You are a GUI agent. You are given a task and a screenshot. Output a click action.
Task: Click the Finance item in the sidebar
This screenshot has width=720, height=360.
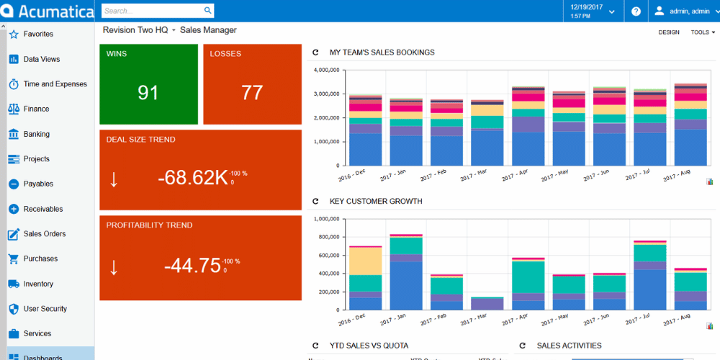[36, 109]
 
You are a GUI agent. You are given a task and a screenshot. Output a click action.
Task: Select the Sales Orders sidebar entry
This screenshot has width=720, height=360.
[44, 234]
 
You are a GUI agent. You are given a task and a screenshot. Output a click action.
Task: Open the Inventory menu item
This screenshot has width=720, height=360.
[37, 284]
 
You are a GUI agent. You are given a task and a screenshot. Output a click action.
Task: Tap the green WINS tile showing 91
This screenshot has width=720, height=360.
[148, 84]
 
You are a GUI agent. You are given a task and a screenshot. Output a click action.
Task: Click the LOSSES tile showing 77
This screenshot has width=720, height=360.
[252, 84]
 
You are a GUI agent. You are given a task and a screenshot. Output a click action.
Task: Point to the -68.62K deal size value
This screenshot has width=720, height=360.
[192, 178]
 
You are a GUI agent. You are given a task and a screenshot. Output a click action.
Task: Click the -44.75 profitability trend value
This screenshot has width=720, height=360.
[192, 265]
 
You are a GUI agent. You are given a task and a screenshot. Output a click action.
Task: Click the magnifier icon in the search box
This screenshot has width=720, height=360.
[208, 11]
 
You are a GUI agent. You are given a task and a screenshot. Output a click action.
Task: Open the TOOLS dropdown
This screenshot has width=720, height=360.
[703, 32]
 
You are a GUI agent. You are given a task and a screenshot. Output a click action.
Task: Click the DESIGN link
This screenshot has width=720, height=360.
[668, 32]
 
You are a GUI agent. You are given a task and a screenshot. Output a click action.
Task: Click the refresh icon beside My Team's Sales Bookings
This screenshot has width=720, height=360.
[315, 53]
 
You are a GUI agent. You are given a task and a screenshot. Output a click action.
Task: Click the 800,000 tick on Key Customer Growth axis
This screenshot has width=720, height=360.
[325, 237]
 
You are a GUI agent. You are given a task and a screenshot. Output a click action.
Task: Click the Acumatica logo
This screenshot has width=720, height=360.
[48, 12]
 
